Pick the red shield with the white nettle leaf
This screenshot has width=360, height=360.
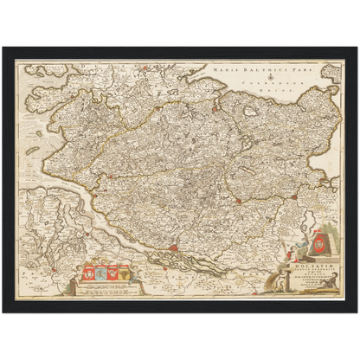pos(90,275)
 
